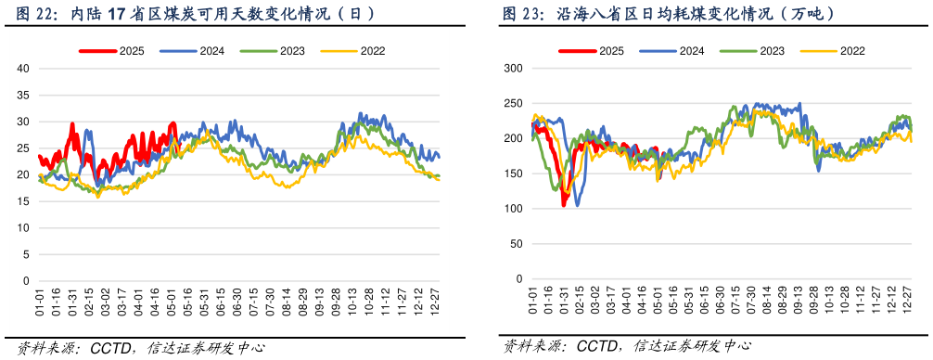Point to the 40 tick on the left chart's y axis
tap(24, 69)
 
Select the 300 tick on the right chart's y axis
tap(513, 69)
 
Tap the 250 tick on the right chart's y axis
tap(513, 104)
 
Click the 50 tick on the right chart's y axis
tap(516, 244)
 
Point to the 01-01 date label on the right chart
tap(533, 302)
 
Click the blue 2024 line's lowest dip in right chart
tap(578, 204)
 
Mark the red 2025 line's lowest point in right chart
tap(564, 204)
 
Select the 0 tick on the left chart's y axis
tap(27, 281)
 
